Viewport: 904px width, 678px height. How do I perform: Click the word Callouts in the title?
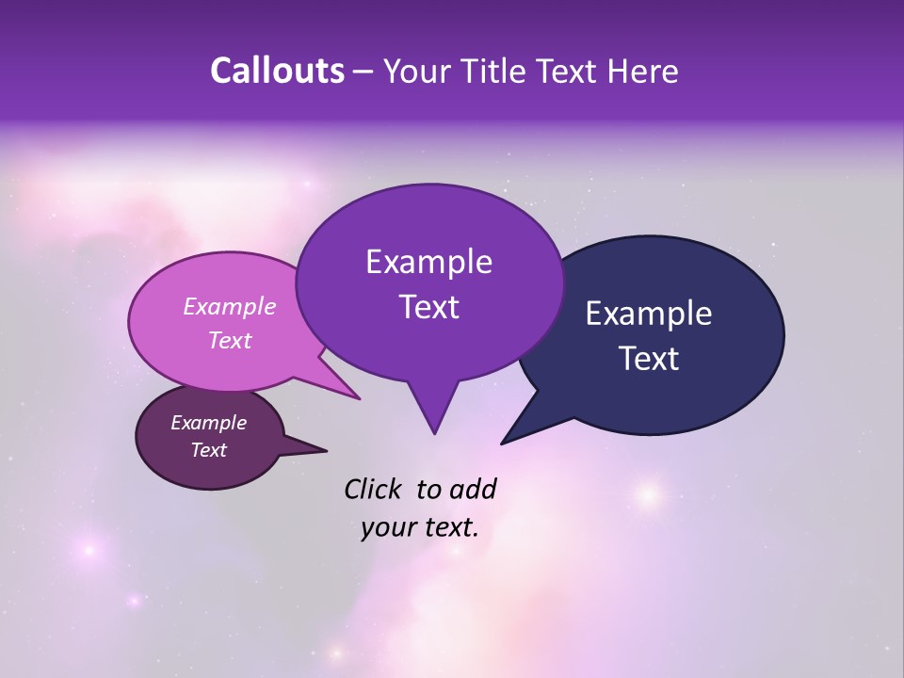tap(277, 71)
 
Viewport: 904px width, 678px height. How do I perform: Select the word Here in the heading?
tap(644, 71)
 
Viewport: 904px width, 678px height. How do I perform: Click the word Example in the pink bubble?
tap(230, 306)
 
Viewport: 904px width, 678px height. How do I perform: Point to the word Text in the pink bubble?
tap(230, 340)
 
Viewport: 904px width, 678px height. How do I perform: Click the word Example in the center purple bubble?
tap(428, 262)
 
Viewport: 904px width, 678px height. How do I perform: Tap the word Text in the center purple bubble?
tap(428, 307)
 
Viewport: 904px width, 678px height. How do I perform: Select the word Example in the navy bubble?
tap(649, 314)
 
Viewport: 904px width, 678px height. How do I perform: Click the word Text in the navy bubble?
tap(649, 359)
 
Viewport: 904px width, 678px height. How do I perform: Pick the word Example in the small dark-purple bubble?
tap(208, 423)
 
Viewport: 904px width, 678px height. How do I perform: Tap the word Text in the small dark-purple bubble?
tap(208, 450)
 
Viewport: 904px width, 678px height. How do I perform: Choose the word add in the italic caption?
tap(474, 489)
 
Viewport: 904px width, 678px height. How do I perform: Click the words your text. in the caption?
tap(420, 527)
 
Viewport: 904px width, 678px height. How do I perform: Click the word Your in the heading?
tap(414, 71)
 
